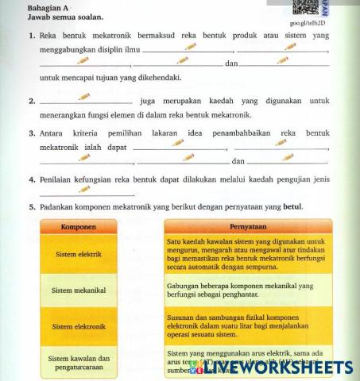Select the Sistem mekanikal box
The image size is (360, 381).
pyautogui.click(x=79, y=291)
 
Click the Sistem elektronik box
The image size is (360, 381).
pyautogui.click(x=79, y=326)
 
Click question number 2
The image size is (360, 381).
pyautogui.click(x=31, y=102)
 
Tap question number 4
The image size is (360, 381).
pyautogui.click(x=31, y=179)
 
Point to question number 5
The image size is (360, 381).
pyautogui.click(x=31, y=208)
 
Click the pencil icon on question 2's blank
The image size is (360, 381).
pyautogui.click(x=84, y=98)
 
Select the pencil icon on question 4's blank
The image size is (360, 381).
pyautogui.click(x=84, y=190)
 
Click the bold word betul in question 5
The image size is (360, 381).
pyautogui.click(x=293, y=208)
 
